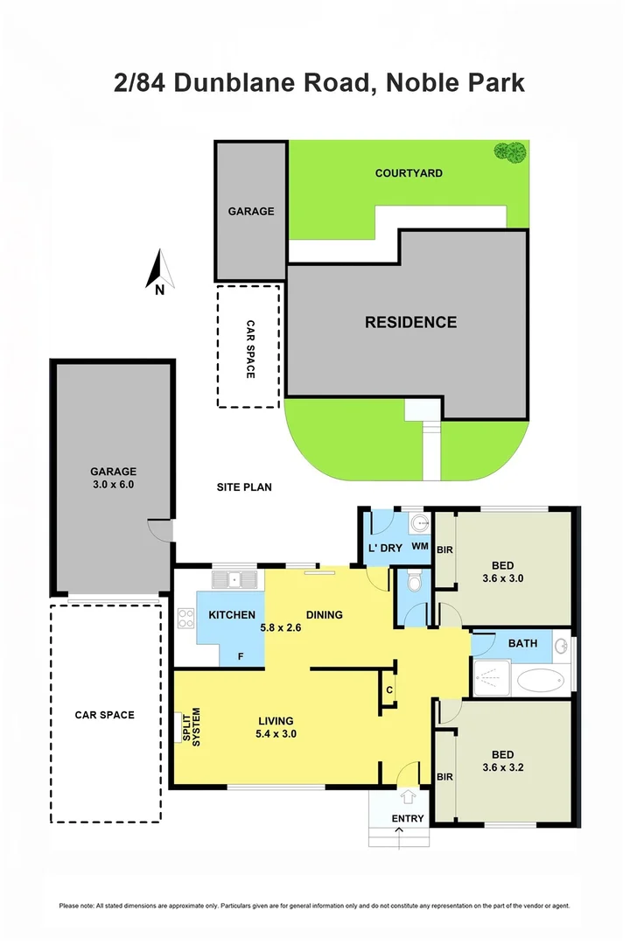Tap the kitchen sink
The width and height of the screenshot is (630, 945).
235,578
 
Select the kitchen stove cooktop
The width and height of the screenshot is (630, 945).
186,619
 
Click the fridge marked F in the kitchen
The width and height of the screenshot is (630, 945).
241,657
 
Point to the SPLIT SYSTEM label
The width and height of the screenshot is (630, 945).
191,726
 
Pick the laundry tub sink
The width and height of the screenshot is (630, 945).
420,525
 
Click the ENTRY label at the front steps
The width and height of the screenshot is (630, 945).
408,819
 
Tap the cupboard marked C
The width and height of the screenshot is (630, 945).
388,689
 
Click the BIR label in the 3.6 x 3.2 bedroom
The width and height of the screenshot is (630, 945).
444,776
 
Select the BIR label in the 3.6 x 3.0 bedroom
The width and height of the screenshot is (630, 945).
444,549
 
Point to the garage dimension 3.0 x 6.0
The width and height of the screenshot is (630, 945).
113,484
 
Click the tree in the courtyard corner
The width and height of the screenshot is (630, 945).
509,151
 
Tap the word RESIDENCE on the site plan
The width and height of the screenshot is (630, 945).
410,322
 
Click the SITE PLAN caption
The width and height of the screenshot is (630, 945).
246,486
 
